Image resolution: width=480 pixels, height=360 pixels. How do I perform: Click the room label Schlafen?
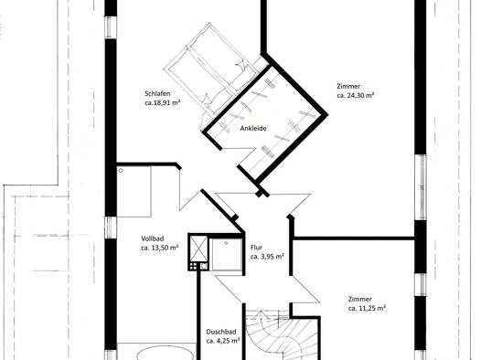[x=157, y=93]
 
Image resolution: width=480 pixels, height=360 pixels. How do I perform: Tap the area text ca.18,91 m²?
[x=162, y=102]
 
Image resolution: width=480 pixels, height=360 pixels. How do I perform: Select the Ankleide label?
[x=253, y=129]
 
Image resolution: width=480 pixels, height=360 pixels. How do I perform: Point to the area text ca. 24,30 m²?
[x=356, y=95]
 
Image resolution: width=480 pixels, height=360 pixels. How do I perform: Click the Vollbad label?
[x=153, y=238]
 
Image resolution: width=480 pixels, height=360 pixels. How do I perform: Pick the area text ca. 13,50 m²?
[x=159, y=248]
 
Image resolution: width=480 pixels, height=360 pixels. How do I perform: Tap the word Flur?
[x=256, y=247]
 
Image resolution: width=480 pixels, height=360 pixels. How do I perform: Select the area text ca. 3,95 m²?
[x=267, y=257]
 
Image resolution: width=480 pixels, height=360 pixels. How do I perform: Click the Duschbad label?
[x=221, y=332]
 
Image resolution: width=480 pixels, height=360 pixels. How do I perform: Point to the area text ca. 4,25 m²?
[x=223, y=341]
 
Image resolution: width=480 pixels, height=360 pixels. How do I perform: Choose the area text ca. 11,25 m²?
[x=367, y=308]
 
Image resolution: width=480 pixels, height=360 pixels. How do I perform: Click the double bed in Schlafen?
[x=211, y=68]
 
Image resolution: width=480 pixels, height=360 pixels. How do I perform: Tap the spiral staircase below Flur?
[x=283, y=335]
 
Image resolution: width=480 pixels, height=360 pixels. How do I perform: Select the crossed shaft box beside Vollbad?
[x=198, y=249]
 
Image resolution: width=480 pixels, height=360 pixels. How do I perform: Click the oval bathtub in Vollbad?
[x=165, y=355]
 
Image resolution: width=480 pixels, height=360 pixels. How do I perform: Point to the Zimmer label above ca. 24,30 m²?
[x=348, y=86]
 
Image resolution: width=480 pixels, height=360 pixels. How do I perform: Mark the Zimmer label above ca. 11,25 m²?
[x=359, y=299]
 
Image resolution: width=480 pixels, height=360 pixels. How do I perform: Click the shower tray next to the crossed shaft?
[x=227, y=255]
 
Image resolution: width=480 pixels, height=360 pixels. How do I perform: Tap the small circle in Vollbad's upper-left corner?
[x=121, y=170]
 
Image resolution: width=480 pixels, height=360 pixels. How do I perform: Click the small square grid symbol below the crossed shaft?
[x=193, y=267]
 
